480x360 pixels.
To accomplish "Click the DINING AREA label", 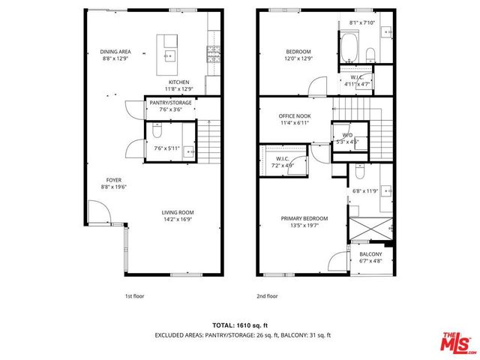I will pyautogui.click(x=115, y=52).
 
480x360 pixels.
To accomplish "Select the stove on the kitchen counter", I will pyautogui.click(x=212, y=52).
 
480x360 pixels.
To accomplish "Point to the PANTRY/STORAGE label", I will pyautogui.click(x=169, y=105).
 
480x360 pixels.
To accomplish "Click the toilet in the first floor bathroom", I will pyautogui.click(x=157, y=132).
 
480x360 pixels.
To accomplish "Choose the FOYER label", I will pyautogui.click(x=113, y=180).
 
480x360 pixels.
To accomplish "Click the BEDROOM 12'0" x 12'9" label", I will pyautogui.click(x=298, y=55).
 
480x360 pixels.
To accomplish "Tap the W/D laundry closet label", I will pyautogui.click(x=346, y=137).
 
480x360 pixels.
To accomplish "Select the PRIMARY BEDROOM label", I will pyautogui.click(x=302, y=222).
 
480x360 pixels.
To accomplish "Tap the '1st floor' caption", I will pyautogui.click(x=135, y=295).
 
